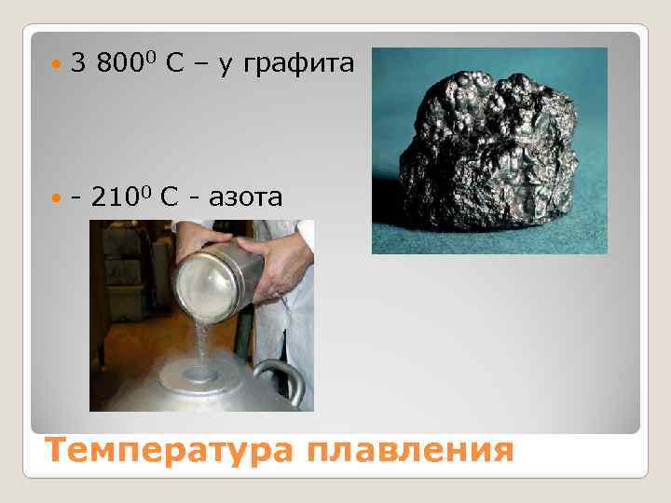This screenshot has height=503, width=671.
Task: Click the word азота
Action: tap(241, 198)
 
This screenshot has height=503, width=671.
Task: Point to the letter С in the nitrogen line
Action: tap(169, 198)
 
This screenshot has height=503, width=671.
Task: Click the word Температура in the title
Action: tap(163, 451)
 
